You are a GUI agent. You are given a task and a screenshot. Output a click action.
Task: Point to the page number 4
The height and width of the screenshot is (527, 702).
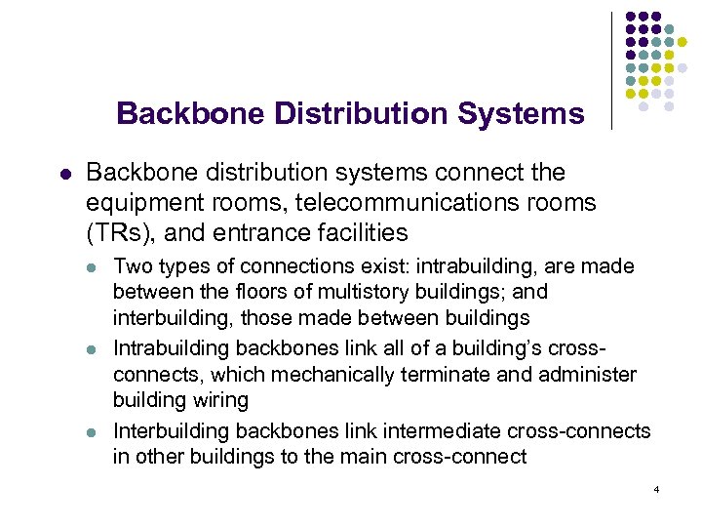(x=658, y=487)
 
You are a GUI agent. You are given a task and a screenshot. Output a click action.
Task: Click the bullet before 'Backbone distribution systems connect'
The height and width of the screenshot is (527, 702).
(x=64, y=174)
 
